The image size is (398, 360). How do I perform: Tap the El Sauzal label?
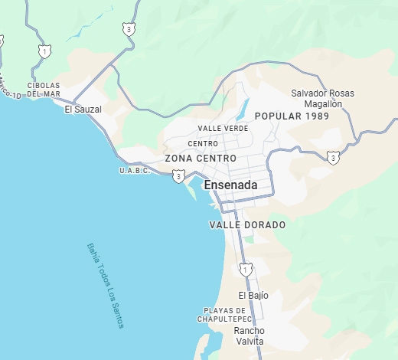[x=83, y=110]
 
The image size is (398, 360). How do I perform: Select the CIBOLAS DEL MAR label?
[x=43, y=90]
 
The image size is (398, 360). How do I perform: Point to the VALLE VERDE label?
[x=223, y=128]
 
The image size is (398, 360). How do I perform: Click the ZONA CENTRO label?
[x=195, y=159]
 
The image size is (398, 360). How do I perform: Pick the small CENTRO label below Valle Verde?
[x=203, y=143]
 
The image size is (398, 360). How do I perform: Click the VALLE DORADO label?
[x=246, y=225]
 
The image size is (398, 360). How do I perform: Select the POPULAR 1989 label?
[x=292, y=116]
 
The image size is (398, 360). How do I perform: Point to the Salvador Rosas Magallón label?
[x=322, y=98]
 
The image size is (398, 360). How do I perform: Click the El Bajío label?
[x=253, y=295]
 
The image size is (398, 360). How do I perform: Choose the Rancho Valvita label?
[x=249, y=335]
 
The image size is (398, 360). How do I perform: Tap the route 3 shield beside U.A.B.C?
[x=178, y=177]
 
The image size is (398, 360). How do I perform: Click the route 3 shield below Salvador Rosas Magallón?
[x=332, y=157]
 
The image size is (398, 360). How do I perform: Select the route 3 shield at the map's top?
[x=129, y=29]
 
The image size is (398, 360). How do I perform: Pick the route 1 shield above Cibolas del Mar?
[x=45, y=51]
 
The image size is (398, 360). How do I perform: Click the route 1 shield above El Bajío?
[x=245, y=269]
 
